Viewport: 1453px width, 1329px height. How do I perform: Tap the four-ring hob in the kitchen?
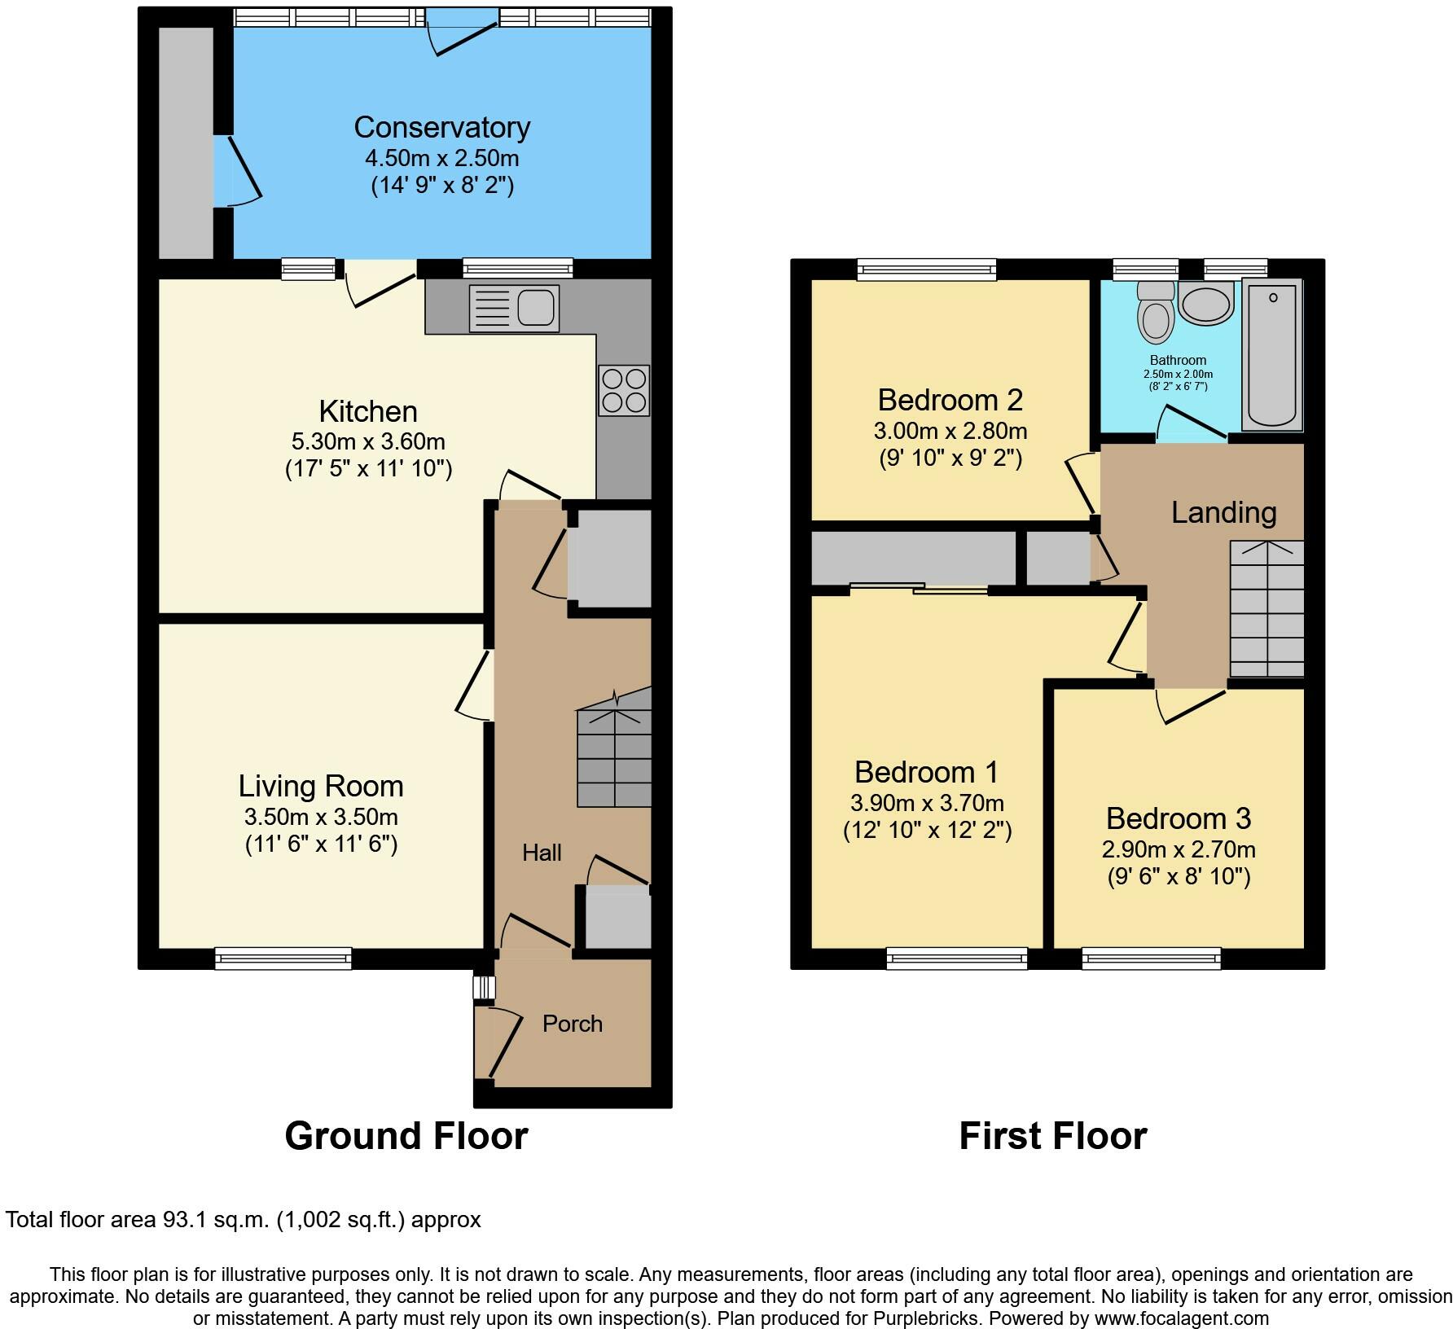tap(624, 391)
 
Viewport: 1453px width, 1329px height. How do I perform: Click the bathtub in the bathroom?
tap(1272, 354)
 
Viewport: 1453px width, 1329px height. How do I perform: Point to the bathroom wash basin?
tap(1205, 305)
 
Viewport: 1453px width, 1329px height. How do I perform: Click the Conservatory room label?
tap(441, 128)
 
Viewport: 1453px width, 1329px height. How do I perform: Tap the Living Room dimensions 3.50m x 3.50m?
tap(321, 817)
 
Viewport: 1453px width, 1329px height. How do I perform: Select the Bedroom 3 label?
tap(1178, 818)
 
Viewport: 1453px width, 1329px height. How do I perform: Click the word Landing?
tap(1223, 512)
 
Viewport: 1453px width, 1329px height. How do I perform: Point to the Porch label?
tap(573, 1024)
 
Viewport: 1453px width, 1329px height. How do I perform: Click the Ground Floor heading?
tap(406, 1136)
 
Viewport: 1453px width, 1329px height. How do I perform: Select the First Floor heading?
tap(1052, 1136)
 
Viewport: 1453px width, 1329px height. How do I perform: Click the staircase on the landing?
tap(1266, 609)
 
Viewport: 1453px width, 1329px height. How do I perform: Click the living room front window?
tap(283, 958)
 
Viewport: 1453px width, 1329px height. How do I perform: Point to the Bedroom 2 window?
tap(927, 270)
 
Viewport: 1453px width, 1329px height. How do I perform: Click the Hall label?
tap(542, 853)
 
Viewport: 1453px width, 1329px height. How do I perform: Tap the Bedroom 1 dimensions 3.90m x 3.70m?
tap(927, 804)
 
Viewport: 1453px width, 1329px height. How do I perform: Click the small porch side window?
tap(484, 988)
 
